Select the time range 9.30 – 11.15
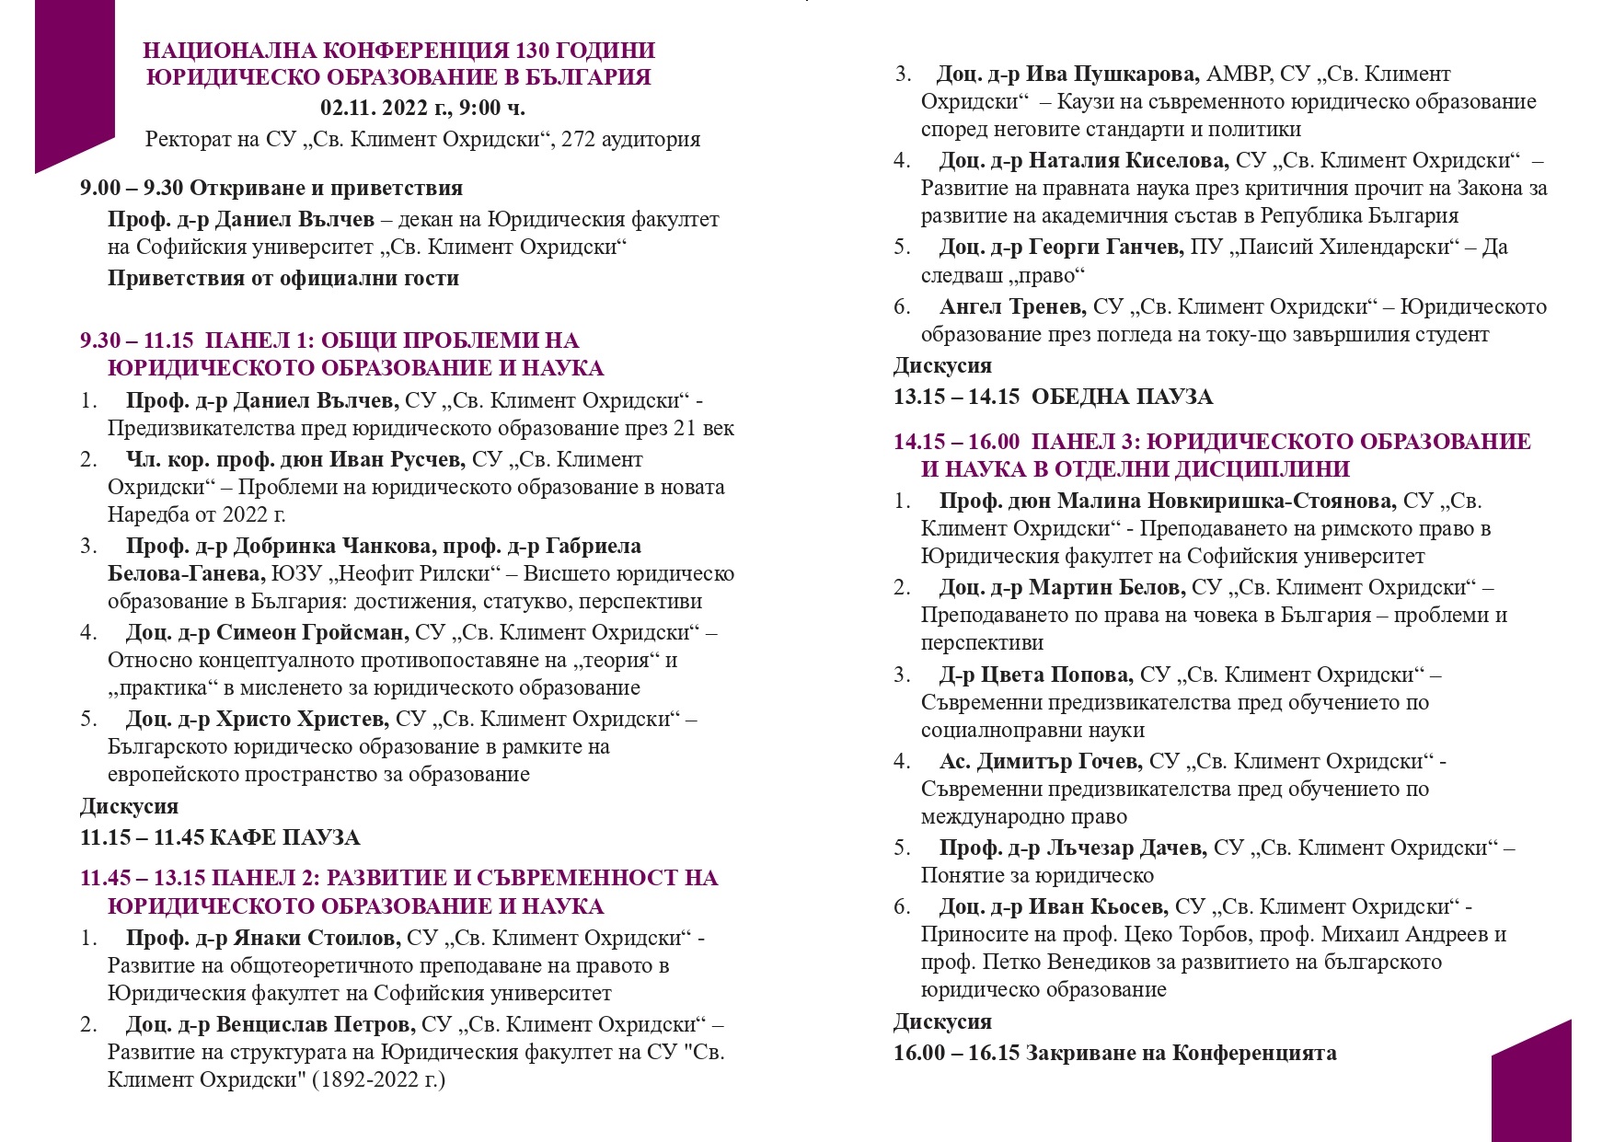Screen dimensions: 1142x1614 (137, 340)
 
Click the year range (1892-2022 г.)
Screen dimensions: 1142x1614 (378, 1079)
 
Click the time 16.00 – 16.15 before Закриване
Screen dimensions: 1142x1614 (957, 1053)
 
